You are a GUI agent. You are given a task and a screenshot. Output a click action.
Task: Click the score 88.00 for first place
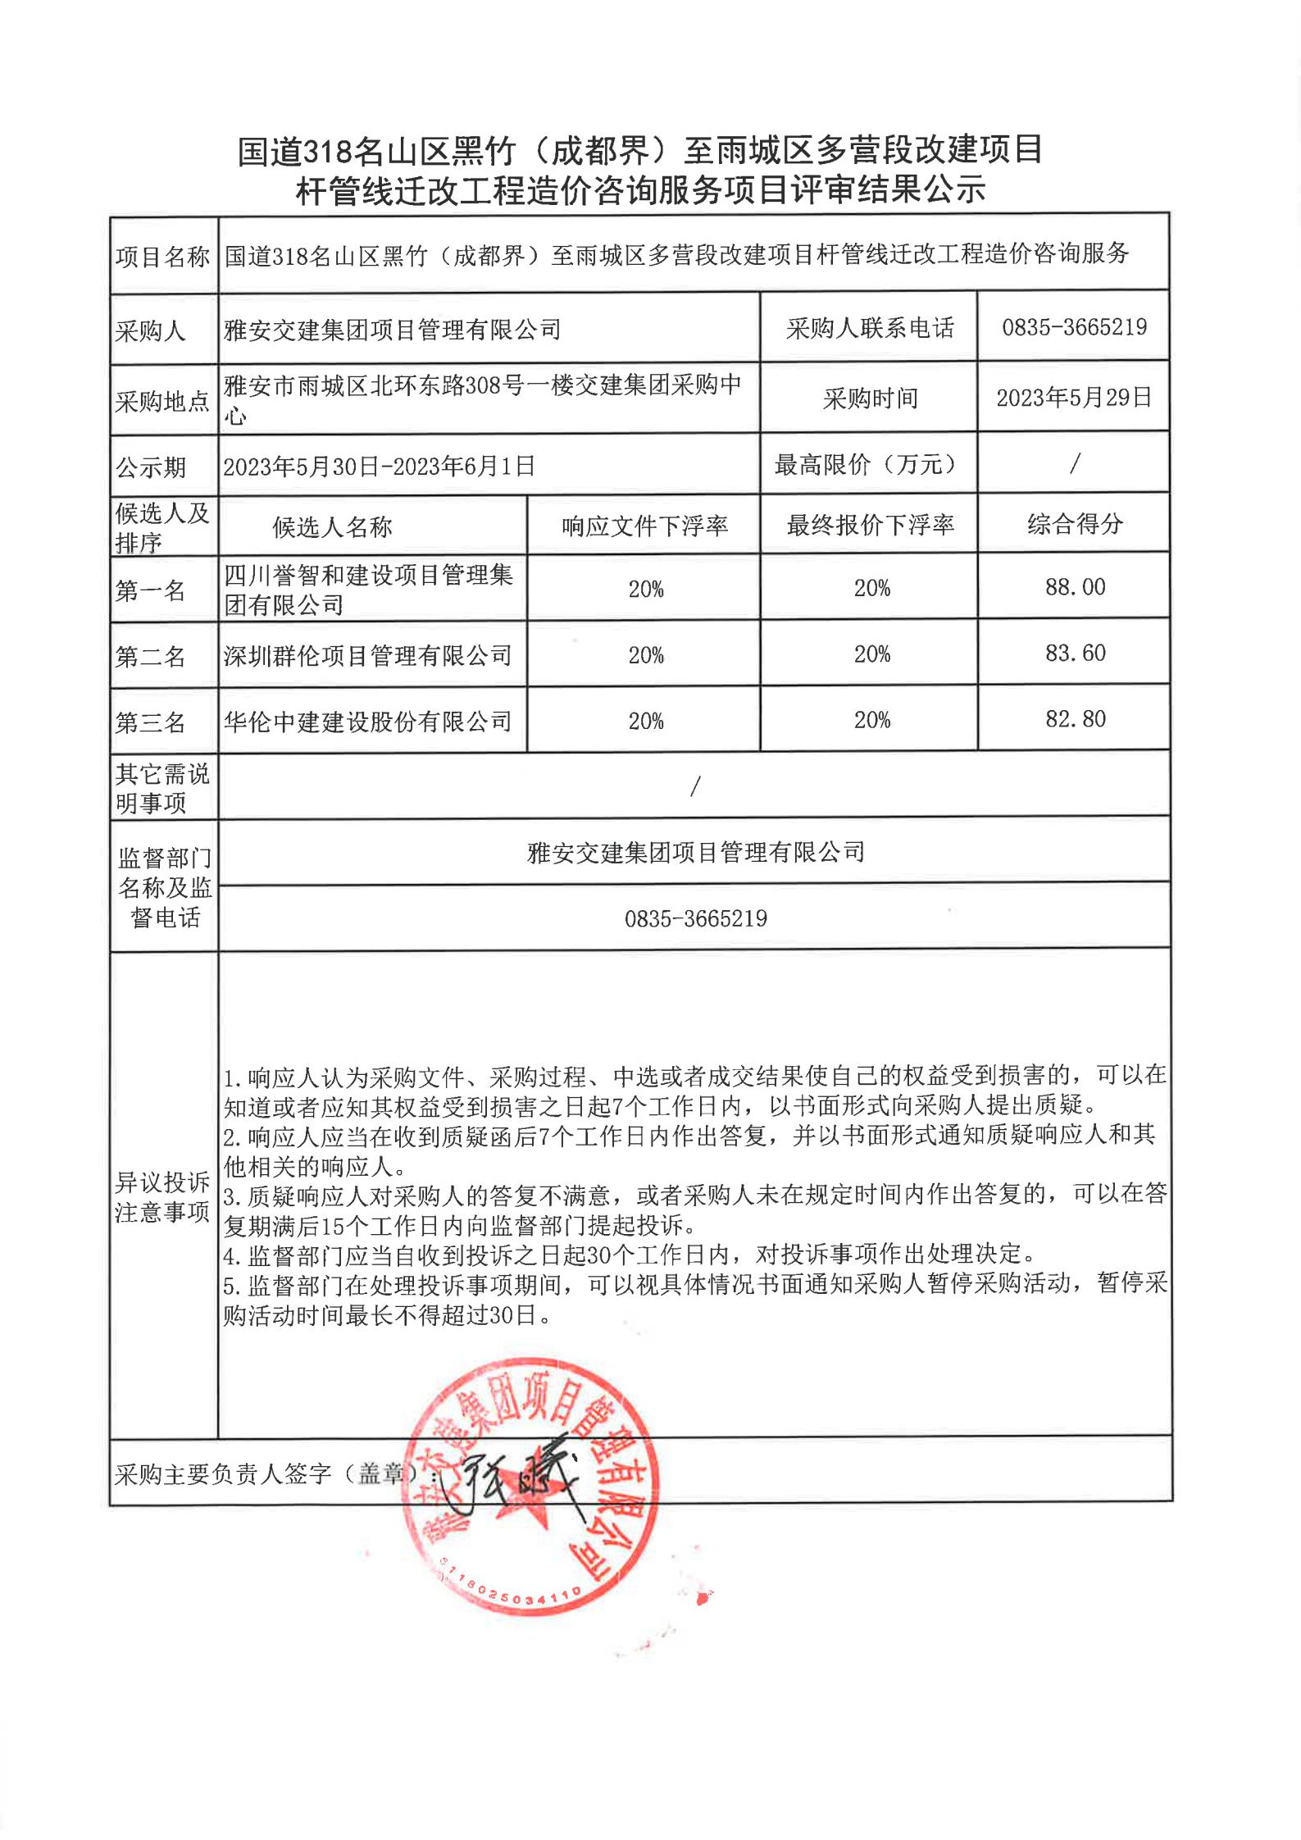[x=1075, y=587]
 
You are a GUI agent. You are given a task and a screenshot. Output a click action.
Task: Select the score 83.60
[x=1075, y=654]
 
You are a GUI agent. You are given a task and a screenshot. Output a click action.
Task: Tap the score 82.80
[x=1075, y=719]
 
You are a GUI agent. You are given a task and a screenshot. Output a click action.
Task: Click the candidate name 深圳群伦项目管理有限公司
[x=367, y=656]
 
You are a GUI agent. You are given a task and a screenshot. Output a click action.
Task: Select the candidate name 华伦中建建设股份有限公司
[x=367, y=722]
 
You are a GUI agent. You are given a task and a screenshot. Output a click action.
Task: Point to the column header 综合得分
[x=1075, y=524]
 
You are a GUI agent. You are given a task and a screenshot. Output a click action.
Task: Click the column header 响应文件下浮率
[x=644, y=526]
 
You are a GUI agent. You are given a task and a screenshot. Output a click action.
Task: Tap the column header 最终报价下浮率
[x=870, y=525]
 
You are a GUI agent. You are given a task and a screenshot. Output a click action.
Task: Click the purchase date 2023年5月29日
[x=1074, y=398]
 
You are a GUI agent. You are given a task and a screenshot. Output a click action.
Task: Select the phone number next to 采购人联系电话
[x=1074, y=328]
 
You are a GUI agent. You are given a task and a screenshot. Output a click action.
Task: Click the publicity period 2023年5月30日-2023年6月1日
[x=379, y=467]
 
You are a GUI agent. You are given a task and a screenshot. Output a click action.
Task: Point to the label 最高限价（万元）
[x=868, y=465]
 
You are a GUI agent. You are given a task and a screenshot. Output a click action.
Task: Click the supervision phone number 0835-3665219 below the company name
[x=695, y=918]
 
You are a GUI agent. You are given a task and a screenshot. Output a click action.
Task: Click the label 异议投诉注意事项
[x=162, y=1197]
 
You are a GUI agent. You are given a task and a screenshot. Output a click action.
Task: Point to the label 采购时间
[x=870, y=399]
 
